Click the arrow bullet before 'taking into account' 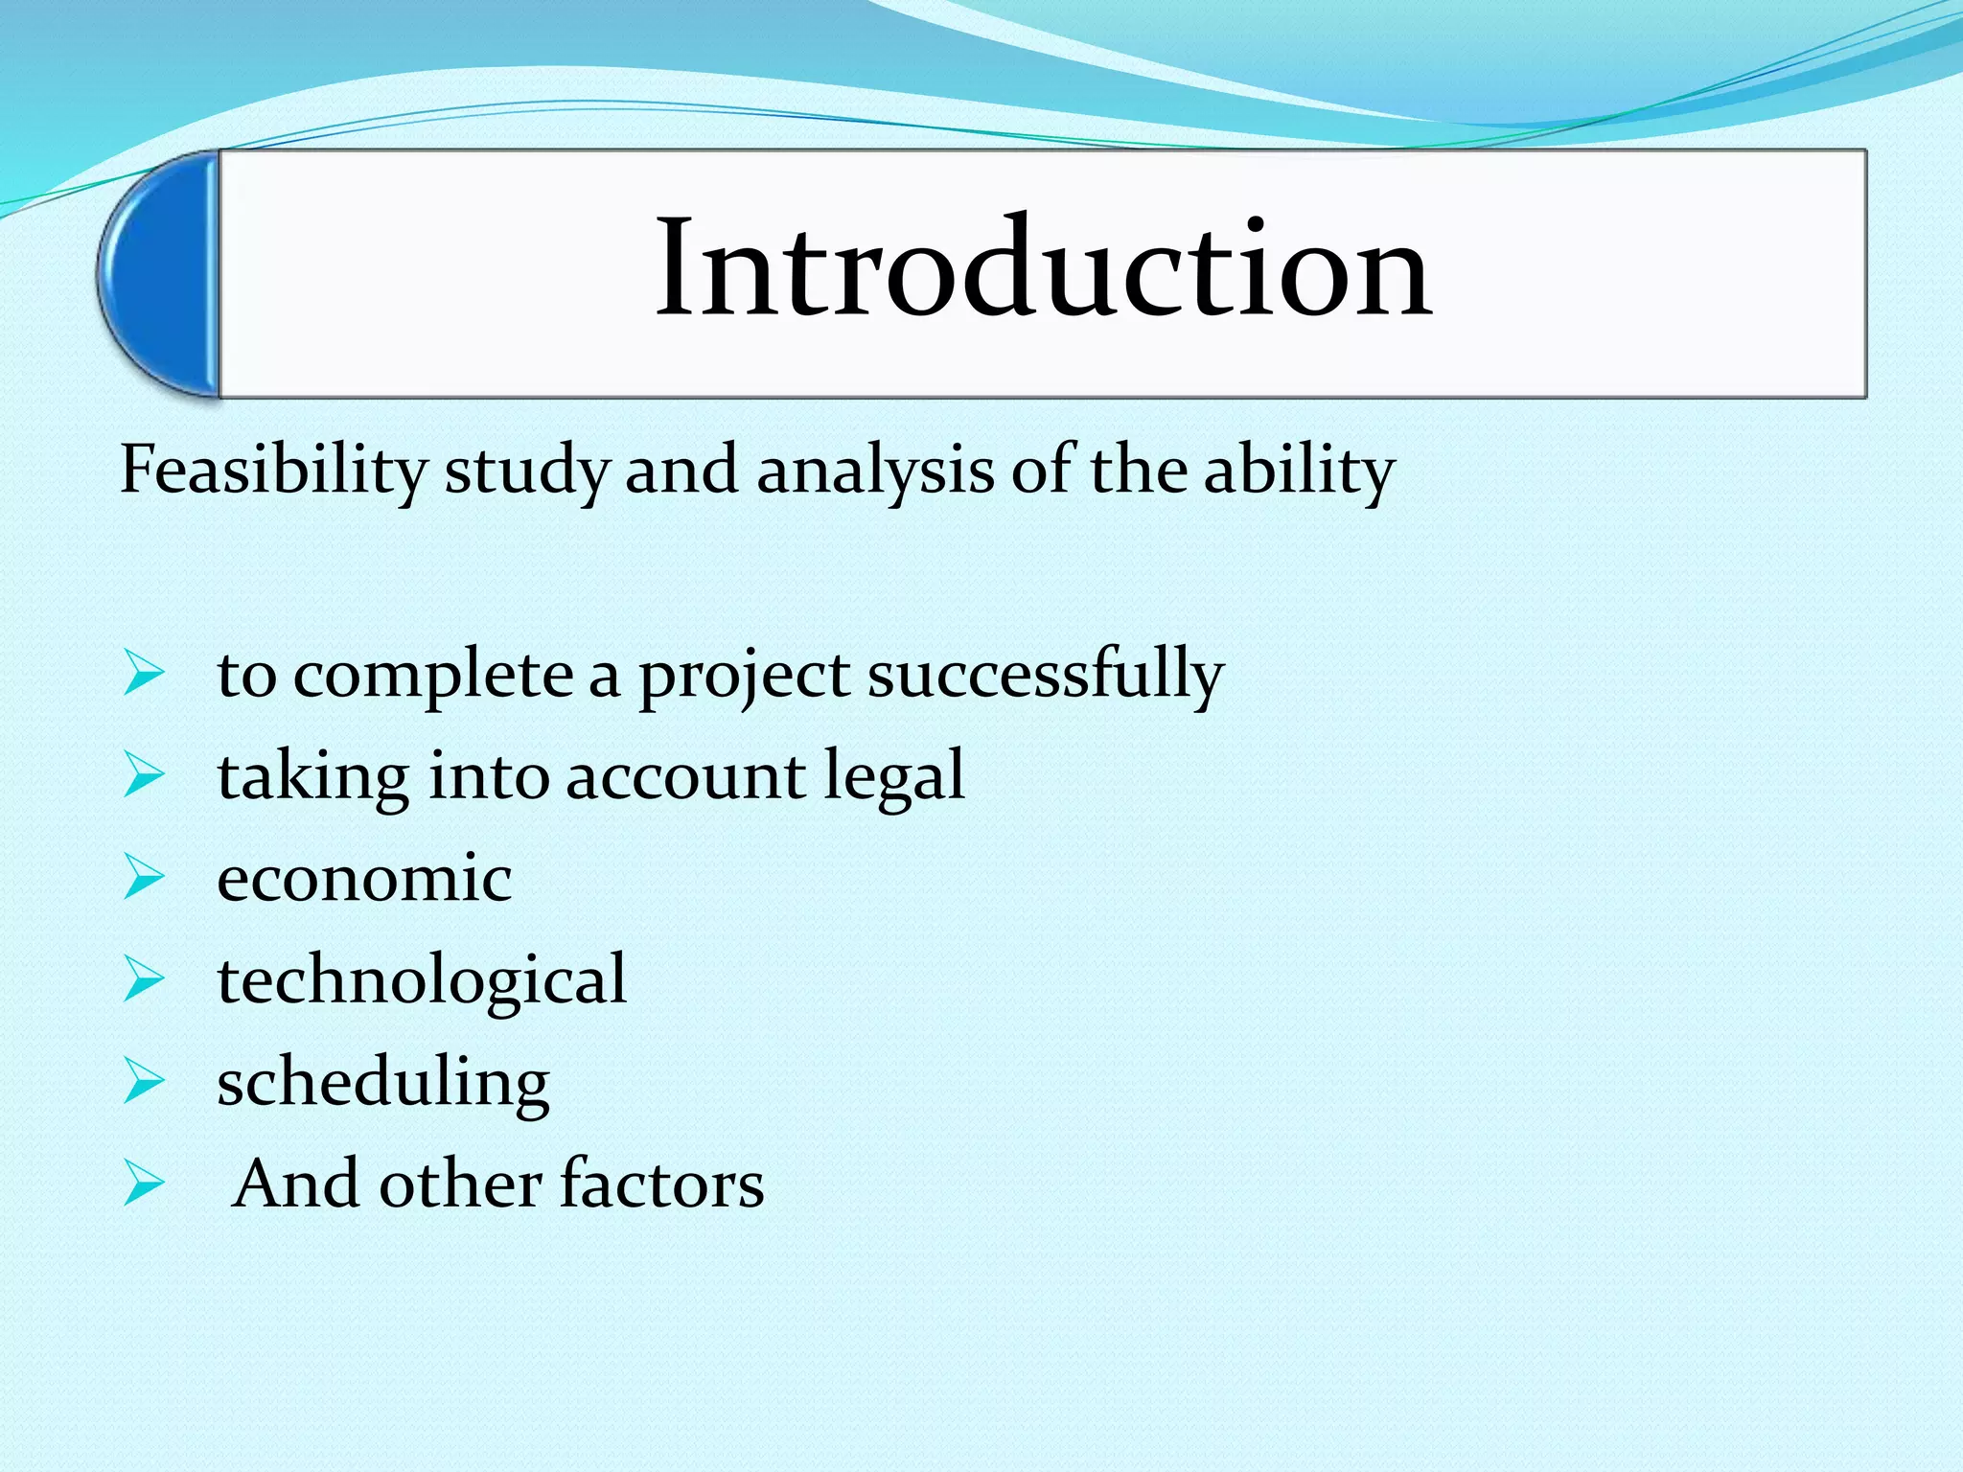click(144, 776)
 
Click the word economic click(364, 879)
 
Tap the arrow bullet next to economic click(144, 878)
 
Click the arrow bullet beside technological click(144, 980)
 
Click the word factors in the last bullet click(661, 1184)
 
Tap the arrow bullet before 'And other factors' click(144, 1184)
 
